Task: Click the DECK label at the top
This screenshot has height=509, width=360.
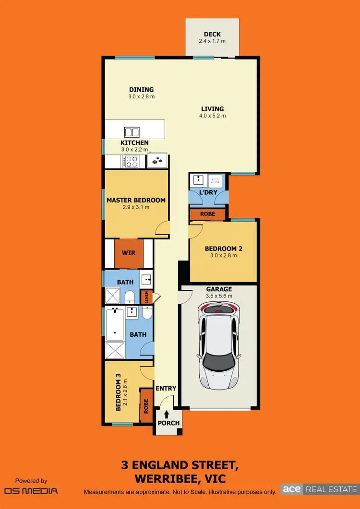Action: [x=212, y=34]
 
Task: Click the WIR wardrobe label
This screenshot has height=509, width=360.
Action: [x=128, y=253]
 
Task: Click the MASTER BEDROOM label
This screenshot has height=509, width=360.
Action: [x=136, y=200]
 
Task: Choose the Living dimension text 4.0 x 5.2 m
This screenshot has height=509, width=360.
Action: [x=212, y=116]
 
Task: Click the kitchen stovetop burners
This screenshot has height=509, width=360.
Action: [x=131, y=162]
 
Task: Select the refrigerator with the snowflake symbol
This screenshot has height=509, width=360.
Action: [x=157, y=161]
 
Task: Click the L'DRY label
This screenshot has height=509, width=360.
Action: [x=209, y=192]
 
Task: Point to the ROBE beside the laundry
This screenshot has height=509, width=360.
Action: [x=208, y=214]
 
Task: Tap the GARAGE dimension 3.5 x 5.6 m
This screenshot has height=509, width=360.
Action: [x=219, y=296]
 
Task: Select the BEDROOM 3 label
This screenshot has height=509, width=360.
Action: [x=118, y=392]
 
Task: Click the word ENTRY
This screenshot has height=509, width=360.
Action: [x=166, y=388]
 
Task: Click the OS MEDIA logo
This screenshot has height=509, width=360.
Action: [x=31, y=490]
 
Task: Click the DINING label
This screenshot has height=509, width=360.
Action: [x=141, y=90]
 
